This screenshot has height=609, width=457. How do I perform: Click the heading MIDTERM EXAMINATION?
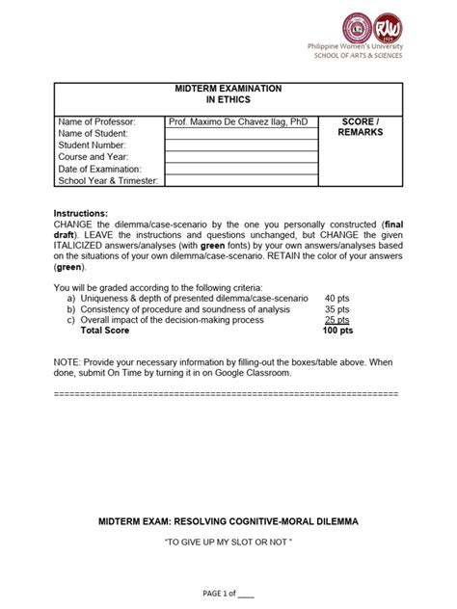pyautogui.click(x=228, y=88)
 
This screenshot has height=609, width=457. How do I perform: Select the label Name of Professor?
pyautogui.click(x=96, y=122)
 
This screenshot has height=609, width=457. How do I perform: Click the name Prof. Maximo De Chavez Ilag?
pyautogui.click(x=237, y=122)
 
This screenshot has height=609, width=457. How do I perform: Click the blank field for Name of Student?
pyautogui.click(x=241, y=134)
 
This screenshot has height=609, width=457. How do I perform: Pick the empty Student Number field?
pyautogui.click(x=241, y=146)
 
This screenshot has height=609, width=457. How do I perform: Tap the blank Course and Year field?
pyautogui.click(x=241, y=157)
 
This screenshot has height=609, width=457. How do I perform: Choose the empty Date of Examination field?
pyautogui.click(x=241, y=169)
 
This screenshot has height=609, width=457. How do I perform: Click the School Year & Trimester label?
pyautogui.click(x=109, y=180)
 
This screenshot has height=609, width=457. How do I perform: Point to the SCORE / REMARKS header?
pyautogui.click(x=361, y=127)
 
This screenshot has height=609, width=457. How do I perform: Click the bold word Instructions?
pyautogui.click(x=81, y=213)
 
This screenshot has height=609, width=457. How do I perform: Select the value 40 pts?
pyautogui.click(x=337, y=299)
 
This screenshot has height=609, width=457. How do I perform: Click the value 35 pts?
pyautogui.click(x=337, y=309)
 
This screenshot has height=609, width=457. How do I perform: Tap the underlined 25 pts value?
pyautogui.click(x=337, y=320)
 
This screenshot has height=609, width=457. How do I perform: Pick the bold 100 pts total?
pyautogui.click(x=338, y=331)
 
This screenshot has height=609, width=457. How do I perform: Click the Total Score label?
pyautogui.click(x=106, y=331)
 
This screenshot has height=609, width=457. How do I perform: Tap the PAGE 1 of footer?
pyautogui.click(x=228, y=595)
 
